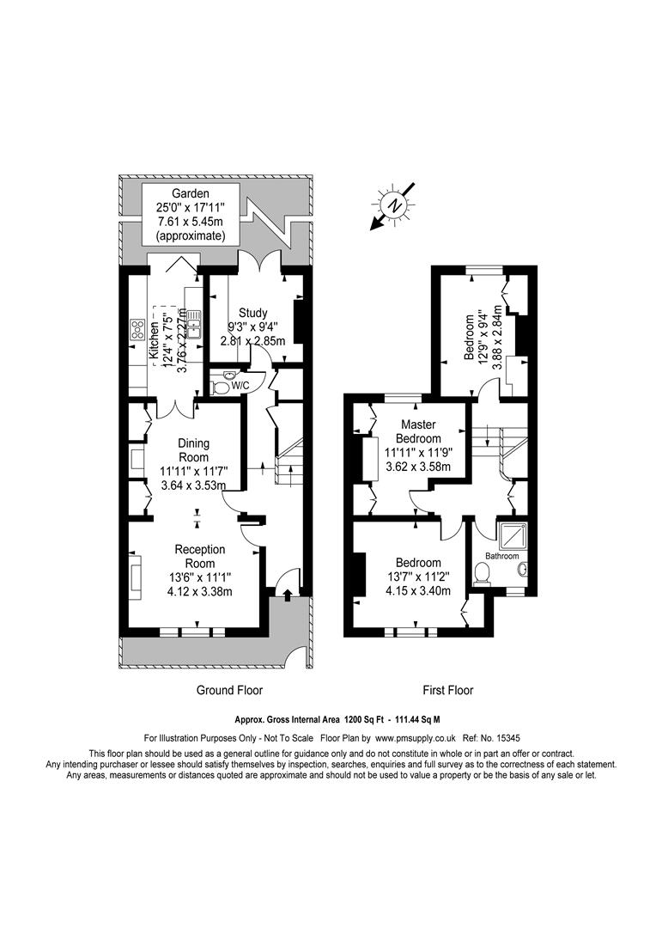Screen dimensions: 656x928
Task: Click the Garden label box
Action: click(191, 214)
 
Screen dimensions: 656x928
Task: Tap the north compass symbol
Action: click(393, 205)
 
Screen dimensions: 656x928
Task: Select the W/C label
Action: click(240, 386)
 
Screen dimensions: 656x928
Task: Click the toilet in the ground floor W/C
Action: click(220, 388)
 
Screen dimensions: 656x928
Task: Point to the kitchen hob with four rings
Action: click(138, 329)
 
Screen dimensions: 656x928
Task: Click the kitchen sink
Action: click(196, 325)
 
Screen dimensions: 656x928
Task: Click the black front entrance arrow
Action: click(288, 595)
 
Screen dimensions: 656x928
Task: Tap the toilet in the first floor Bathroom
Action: click(482, 573)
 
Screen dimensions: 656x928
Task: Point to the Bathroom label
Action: click(501, 556)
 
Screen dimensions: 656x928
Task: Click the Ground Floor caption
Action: click(229, 690)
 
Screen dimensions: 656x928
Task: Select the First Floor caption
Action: click(448, 690)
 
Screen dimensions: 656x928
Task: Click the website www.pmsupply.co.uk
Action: click(416, 738)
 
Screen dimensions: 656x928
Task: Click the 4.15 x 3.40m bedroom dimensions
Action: click(418, 590)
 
